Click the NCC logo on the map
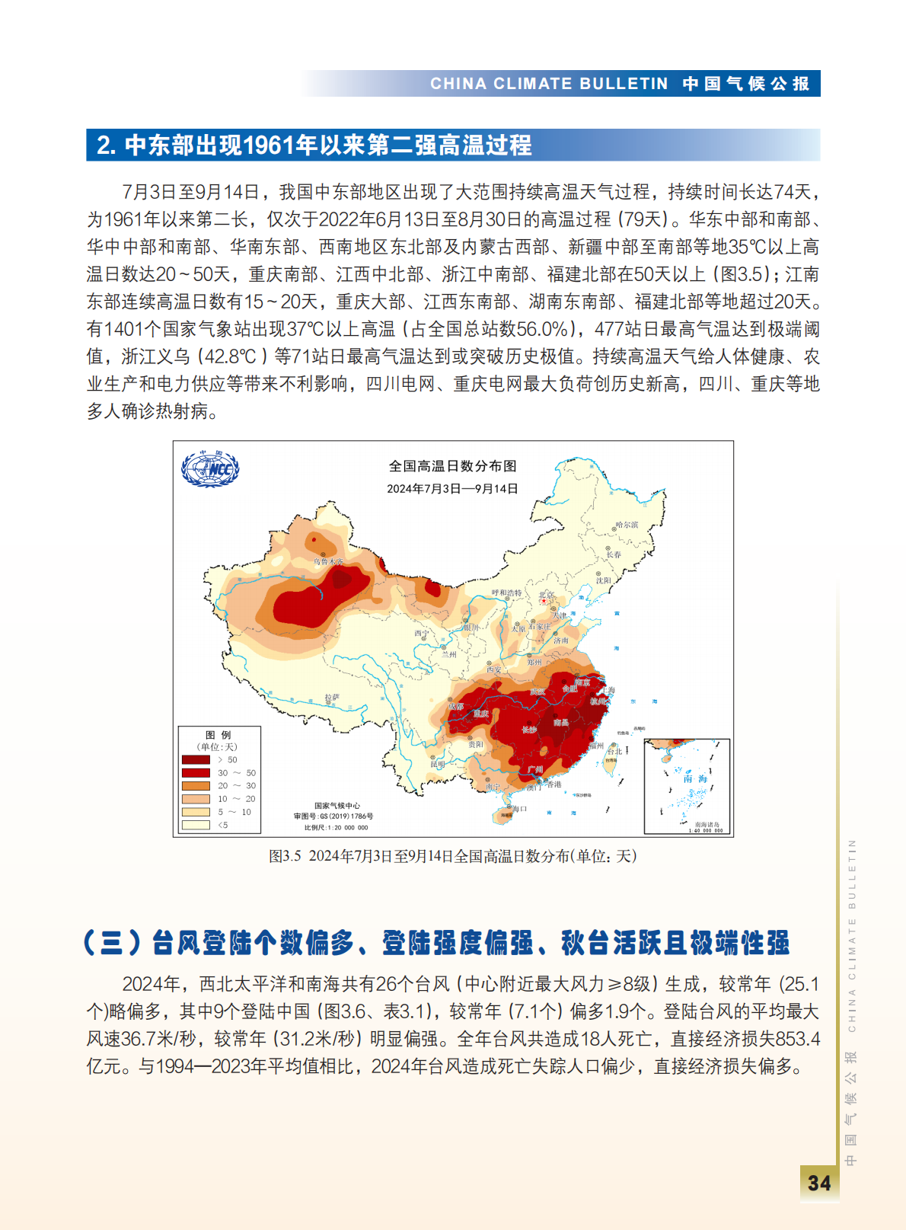(x=210, y=468)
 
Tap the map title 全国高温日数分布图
(x=452, y=466)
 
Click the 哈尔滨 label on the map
(x=627, y=525)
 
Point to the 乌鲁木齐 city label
(x=329, y=561)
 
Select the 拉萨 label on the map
(x=332, y=697)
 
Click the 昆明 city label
(x=438, y=764)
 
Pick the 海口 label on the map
(x=520, y=809)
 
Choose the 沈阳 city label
(x=604, y=580)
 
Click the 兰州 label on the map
(x=449, y=654)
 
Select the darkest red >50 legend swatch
(x=196, y=759)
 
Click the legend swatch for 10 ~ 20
(x=196, y=799)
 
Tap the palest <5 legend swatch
(x=196, y=825)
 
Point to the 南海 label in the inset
(x=695, y=778)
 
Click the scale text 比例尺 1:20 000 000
(x=336, y=827)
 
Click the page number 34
(x=819, y=1184)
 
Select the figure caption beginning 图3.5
(x=452, y=856)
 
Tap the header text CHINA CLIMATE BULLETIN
(x=549, y=84)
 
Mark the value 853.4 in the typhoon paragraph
(x=799, y=1039)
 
